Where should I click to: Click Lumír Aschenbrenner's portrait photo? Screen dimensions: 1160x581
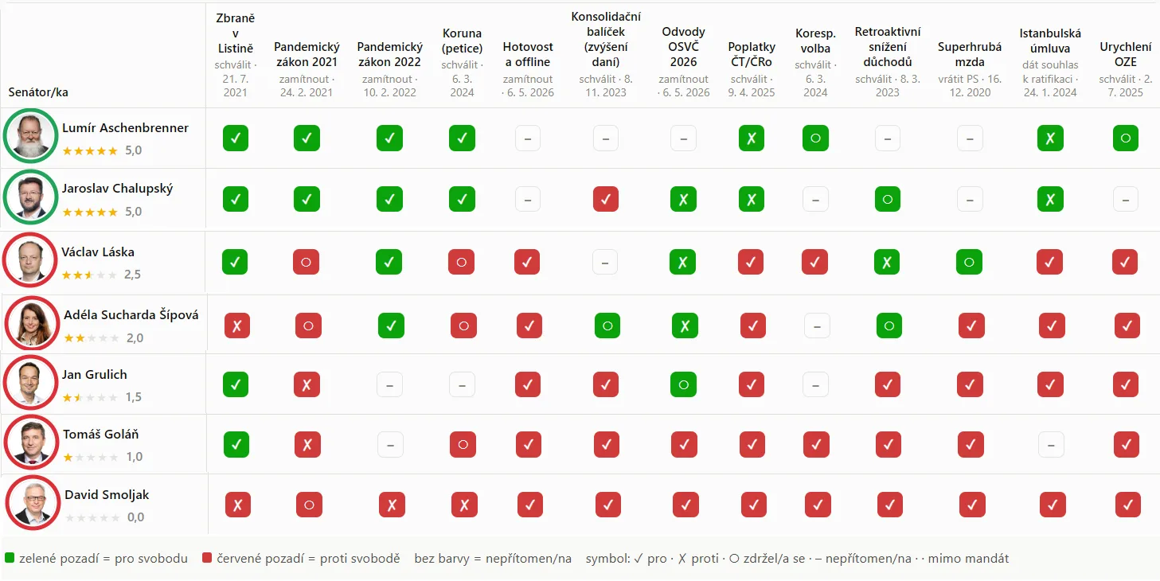pos(30,135)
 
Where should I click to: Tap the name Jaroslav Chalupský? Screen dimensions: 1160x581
pos(118,189)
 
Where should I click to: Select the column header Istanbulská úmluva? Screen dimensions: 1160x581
pos(1050,41)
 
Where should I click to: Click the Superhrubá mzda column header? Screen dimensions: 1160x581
pos(970,54)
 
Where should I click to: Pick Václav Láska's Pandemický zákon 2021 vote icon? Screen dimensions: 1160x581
pos(306,262)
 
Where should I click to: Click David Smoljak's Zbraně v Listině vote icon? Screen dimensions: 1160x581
pos(238,505)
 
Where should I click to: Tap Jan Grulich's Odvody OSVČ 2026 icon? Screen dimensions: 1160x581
pos(684,384)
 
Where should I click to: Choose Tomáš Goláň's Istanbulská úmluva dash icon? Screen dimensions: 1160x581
pos(1051,445)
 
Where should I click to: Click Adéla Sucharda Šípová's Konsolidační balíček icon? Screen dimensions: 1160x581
pos(607,326)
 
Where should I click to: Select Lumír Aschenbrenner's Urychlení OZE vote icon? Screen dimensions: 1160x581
pos(1126,138)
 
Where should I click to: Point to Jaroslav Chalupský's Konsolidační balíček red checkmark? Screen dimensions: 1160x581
pos(606,199)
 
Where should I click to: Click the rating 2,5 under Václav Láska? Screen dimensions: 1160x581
pos(132,275)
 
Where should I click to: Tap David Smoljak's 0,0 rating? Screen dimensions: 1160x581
pos(135,517)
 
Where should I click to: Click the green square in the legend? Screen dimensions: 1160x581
pos(10,558)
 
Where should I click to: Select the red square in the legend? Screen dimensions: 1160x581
pos(207,558)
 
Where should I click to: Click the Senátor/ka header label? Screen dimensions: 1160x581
pos(38,92)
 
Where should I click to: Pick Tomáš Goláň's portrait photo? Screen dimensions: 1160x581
pos(32,442)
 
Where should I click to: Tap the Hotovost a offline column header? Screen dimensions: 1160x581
pos(528,54)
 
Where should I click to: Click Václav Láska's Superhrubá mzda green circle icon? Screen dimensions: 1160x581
pos(970,262)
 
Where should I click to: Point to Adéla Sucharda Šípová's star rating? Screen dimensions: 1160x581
pos(91,338)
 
